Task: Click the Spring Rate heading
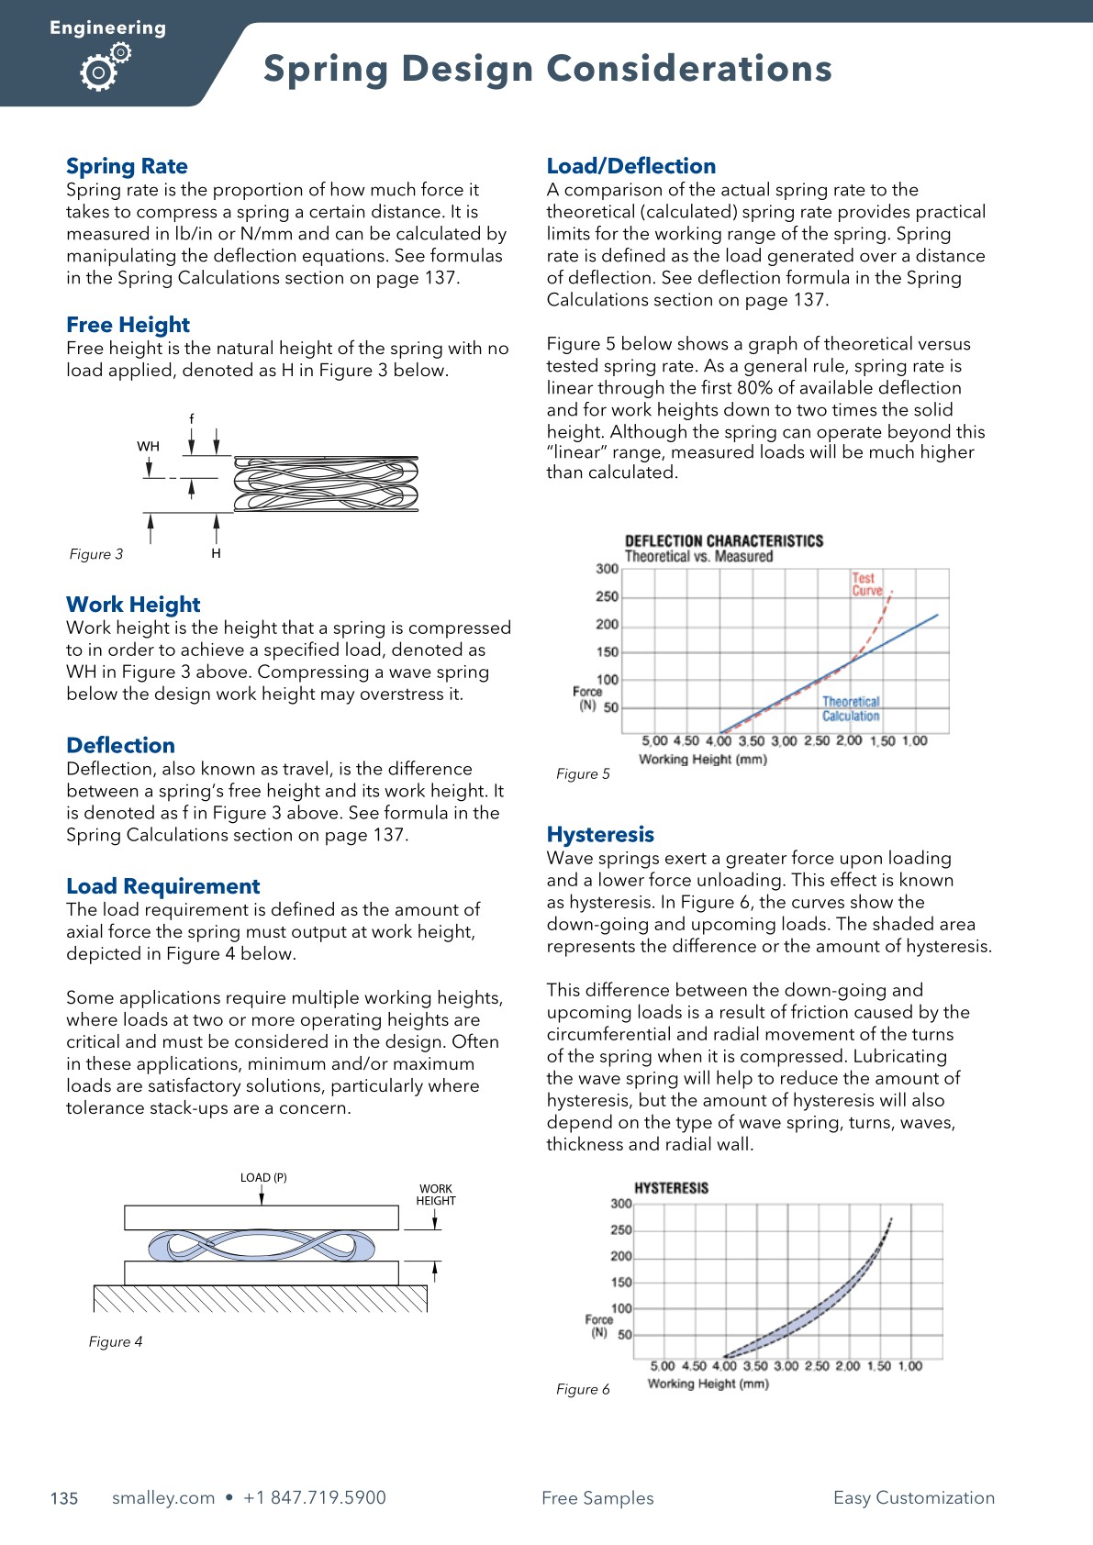click(127, 166)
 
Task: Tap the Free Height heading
click(128, 325)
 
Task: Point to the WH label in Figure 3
click(148, 447)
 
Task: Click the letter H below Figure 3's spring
click(216, 553)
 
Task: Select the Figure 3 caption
click(96, 554)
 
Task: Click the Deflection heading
click(120, 745)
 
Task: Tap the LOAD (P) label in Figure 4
click(263, 1177)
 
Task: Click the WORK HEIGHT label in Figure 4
click(436, 1195)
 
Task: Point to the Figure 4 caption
click(116, 1341)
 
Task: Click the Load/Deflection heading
click(630, 166)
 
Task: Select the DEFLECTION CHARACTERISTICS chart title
click(723, 540)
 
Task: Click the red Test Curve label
click(865, 584)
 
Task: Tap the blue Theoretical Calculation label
click(850, 708)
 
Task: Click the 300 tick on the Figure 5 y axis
click(607, 569)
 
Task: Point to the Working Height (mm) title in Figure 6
click(708, 1384)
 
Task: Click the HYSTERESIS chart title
click(671, 1187)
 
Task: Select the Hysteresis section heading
click(600, 834)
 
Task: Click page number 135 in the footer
click(64, 1498)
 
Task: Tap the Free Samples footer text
click(597, 1498)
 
